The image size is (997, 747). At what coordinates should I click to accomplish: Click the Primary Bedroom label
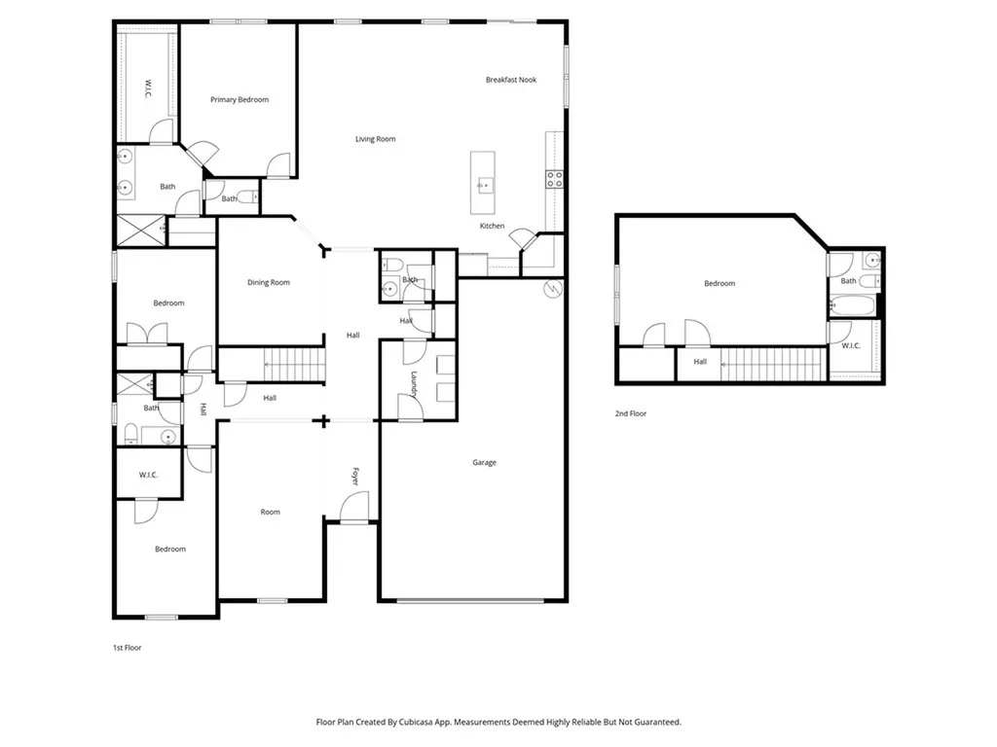coord(240,100)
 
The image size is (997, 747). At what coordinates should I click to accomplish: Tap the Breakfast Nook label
coord(510,80)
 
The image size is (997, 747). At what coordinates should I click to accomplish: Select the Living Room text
coord(375,139)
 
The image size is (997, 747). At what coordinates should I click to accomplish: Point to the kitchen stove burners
coord(554,179)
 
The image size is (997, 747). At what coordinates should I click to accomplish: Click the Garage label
coord(484,462)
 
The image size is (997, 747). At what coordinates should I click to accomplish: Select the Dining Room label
coord(269,283)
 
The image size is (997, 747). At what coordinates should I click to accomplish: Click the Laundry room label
coord(414,384)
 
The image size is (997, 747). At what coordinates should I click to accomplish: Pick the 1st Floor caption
coord(128,648)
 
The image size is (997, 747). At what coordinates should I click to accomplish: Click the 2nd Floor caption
coord(630,413)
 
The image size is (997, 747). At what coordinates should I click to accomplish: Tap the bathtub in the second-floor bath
coord(853,306)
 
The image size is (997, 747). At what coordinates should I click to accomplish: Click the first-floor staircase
coord(294,365)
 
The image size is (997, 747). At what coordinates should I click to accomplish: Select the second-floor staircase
coord(773,365)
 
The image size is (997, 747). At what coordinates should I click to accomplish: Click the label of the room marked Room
coord(271,512)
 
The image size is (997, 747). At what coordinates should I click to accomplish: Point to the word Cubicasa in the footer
coord(418,723)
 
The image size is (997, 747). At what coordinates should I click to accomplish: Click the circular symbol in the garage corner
coord(553,289)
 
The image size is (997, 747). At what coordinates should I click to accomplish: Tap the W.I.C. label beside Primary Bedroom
coord(148,89)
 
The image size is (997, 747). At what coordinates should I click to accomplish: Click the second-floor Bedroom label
coord(720,283)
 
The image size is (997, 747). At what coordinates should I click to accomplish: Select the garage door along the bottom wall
coord(470,600)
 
